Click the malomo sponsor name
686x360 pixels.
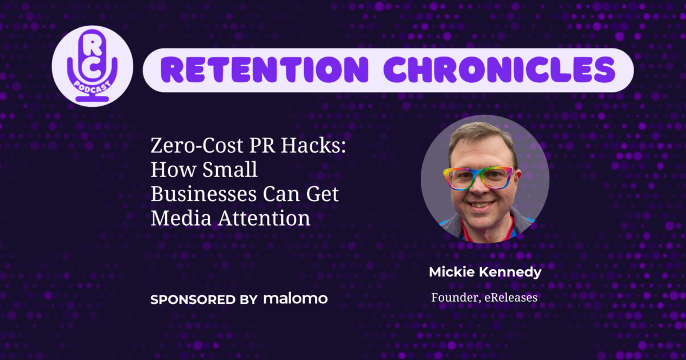tap(296, 298)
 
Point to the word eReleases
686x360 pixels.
tap(509, 298)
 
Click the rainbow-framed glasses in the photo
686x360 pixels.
tap(481, 177)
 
